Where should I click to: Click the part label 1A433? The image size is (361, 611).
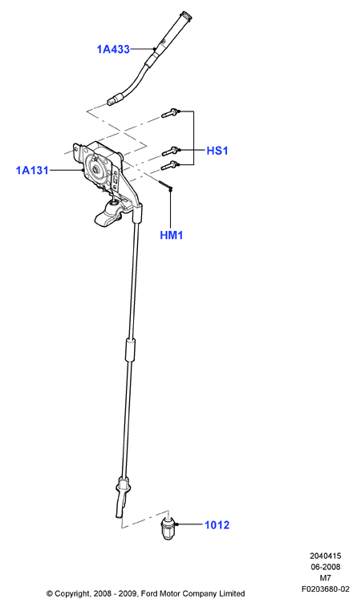[x=113, y=50]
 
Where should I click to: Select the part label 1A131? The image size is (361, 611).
[x=32, y=170]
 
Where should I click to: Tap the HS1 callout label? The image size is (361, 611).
[x=217, y=151]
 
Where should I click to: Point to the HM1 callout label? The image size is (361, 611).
[x=172, y=236]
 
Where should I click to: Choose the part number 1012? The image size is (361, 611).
[x=217, y=525]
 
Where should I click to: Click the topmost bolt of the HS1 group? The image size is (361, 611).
[x=170, y=113]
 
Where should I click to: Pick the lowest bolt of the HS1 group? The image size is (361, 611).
[x=170, y=165]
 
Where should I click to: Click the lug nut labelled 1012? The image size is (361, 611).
[x=168, y=528]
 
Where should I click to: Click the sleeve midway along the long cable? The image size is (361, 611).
[x=131, y=350]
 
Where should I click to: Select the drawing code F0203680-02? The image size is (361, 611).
[x=326, y=589]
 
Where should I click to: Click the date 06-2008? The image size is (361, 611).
[x=325, y=567]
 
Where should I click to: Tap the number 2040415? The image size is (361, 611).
[x=325, y=556]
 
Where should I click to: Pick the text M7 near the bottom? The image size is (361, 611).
[x=325, y=578]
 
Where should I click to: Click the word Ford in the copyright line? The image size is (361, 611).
[x=149, y=593]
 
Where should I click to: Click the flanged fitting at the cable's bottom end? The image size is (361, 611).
[x=123, y=487]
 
